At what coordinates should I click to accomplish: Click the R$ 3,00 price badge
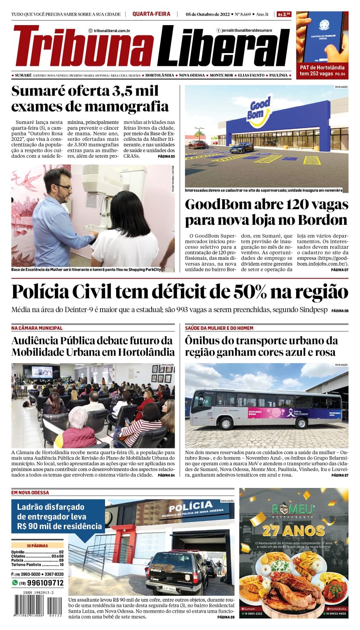click(284, 14)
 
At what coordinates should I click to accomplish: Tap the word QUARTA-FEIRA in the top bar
click(151, 14)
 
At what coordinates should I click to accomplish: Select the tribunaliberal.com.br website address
click(112, 30)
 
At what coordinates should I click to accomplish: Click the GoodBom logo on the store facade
click(260, 110)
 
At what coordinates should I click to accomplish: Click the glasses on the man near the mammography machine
click(64, 187)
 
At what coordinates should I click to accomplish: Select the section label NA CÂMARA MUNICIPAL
click(37, 328)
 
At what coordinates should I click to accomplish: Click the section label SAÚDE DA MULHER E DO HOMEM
click(219, 328)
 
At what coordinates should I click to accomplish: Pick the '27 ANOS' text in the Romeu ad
click(293, 531)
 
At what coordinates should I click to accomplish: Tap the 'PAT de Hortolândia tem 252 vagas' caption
click(322, 70)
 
